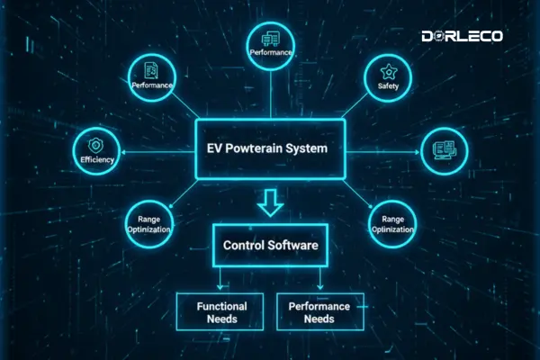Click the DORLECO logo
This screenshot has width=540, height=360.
[462, 37]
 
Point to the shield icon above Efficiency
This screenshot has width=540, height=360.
[95, 144]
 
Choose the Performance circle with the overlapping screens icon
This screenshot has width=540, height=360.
[270, 45]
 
